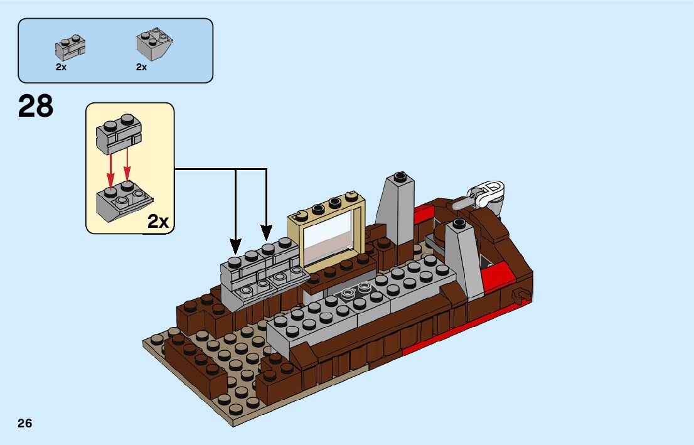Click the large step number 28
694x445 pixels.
click(x=36, y=107)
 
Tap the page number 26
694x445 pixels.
click(x=24, y=423)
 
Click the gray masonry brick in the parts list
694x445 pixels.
click(x=70, y=46)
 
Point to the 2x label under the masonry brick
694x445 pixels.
click(x=61, y=67)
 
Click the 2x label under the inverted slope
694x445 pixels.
click(x=142, y=67)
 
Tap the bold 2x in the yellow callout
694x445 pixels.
click(x=158, y=221)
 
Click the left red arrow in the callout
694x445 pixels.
click(x=111, y=168)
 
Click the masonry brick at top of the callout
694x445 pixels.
click(x=119, y=134)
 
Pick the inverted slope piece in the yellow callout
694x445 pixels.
click(x=122, y=201)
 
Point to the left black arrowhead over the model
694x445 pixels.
click(x=236, y=245)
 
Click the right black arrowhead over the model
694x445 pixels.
click(x=267, y=235)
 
